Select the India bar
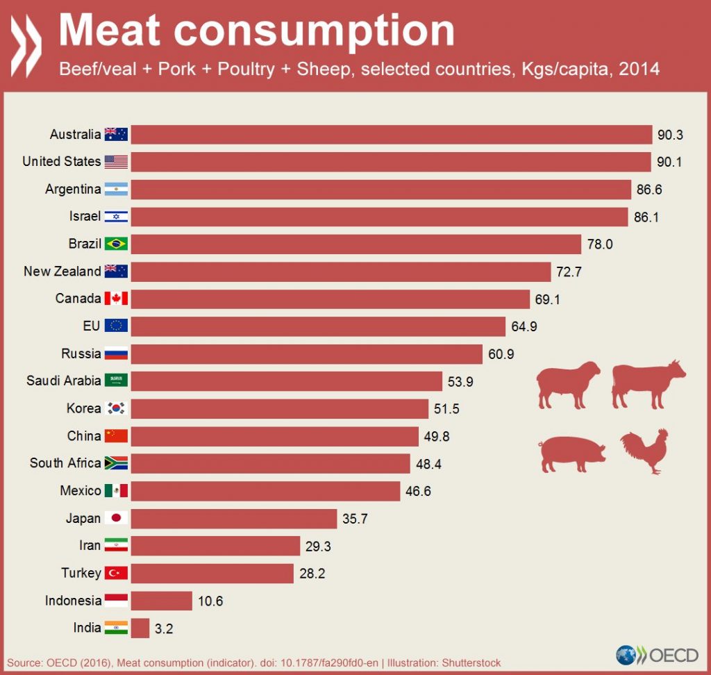click(140, 628)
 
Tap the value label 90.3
click(670, 134)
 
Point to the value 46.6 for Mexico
click(419, 491)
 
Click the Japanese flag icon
click(116, 518)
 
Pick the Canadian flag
click(116, 299)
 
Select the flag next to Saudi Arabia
click(116, 381)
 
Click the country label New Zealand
click(62, 271)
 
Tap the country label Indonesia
click(73, 601)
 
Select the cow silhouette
click(647, 383)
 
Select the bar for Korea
click(279, 408)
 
